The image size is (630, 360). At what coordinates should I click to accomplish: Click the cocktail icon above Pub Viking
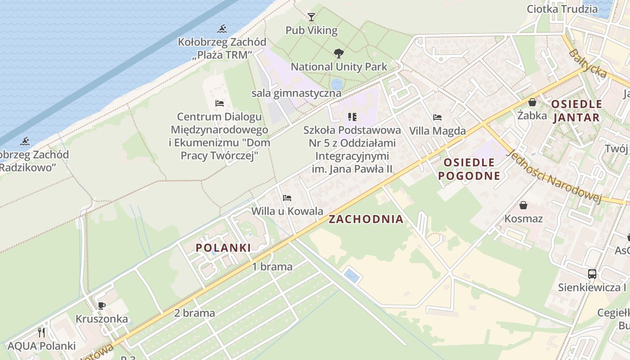pyautogui.click(x=311, y=17)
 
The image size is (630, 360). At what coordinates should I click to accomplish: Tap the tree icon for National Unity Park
pyautogui.click(x=338, y=54)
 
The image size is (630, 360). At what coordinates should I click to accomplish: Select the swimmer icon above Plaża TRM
pyautogui.click(x=222, y=29)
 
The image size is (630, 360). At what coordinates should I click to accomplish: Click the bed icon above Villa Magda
pyautogui.click(x=437, y=117)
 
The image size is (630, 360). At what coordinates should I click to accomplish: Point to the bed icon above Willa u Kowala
pyautogui.click(x=287, y=198)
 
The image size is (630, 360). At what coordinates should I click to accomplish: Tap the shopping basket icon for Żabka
pyautogui.click(x=532, y=102)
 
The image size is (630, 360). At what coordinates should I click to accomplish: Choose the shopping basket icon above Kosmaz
pyautogui.click(x=523, y=205)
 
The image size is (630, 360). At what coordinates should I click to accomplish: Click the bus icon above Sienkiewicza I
pyautogui.click(x=592, y=274)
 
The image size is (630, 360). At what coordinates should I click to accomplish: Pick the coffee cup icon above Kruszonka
pyautogui.click(x=102, y=306)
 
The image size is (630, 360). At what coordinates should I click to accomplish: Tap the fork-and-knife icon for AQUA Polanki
pyautogui.click(x=41, y=333)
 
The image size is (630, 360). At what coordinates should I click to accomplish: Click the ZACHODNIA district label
pyautogui.click(x=366, y=219)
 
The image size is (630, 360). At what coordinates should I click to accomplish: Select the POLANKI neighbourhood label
pyautogui.click(x=223, y=247)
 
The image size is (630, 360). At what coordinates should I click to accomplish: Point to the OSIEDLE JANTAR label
pyautogui.click(x=576, y=111)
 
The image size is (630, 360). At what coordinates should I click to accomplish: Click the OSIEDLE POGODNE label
pyautogui.click(x=469, y=169)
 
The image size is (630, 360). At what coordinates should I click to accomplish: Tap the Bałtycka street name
pyautogui.click(x=587, y=64)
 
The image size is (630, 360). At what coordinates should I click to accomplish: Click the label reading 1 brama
pyautogui.click(x=272, y=266)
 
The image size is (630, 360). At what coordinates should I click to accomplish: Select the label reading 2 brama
pyautogui.click(x=194, y=313)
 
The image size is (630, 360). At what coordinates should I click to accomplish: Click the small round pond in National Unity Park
pyautogui.click(x=337, y=84)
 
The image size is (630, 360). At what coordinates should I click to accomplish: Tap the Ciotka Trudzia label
pyautogui.click(x=562, y=9)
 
